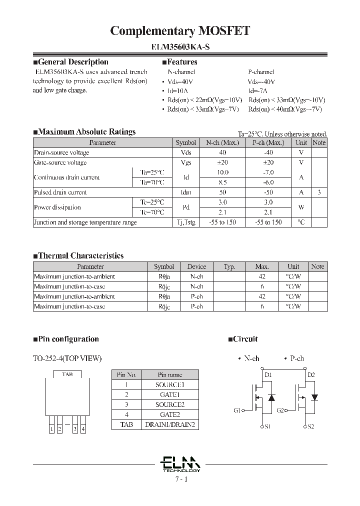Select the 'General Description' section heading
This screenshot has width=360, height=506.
(x=73, y=62)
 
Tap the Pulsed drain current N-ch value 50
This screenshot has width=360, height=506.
(x=222, y=192)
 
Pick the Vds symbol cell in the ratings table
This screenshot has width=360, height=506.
(x=185, y=152)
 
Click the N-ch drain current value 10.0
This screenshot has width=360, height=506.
(x=222, y=172)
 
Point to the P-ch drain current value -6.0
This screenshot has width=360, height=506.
(x=268, y=182)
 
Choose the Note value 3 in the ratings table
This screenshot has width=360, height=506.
(x=319, y=192)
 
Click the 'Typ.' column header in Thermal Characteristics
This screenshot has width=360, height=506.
(x=229, y=266)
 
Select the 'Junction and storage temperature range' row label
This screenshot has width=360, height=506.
(x=85, y=222)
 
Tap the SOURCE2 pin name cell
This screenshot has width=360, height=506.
(x=170, y=404)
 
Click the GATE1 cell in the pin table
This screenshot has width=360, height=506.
(x=170, y=394)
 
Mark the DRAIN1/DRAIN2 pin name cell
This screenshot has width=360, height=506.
(x=170, y=424)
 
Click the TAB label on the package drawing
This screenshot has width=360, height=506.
(x=67, y=374)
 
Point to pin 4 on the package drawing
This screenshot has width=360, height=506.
(x=83, y=429)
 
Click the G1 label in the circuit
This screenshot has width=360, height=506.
(x=237, y=410)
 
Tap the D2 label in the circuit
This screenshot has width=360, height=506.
(x=311, y=374)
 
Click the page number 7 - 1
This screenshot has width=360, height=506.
(x=180, y=479)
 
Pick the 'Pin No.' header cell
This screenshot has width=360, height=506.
(x=126, y=374)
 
